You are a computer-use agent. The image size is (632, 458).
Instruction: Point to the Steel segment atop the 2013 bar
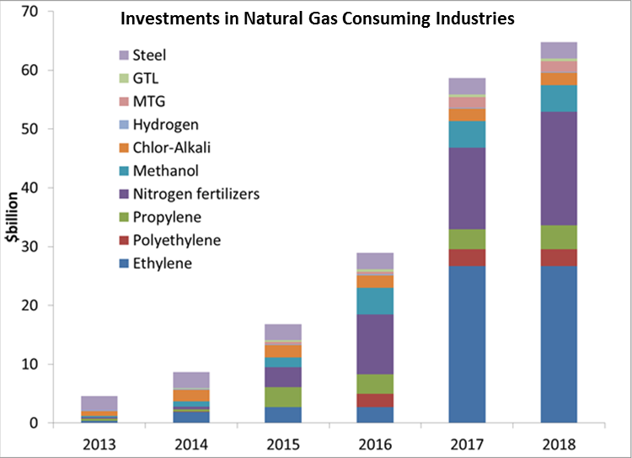[x=100, y=403]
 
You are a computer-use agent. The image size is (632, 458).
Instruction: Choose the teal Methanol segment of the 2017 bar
[x=467, y=135]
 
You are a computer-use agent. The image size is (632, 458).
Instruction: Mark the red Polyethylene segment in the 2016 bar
[x=375, y=400]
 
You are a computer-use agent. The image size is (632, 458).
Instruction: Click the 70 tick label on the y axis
[x=33, y=12]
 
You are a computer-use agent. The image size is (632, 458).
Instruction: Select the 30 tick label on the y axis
[x=33, y=247]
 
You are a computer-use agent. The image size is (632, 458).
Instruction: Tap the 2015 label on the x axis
[x=283, y=441]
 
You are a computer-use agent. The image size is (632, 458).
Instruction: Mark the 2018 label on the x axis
[x=559, y=441]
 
